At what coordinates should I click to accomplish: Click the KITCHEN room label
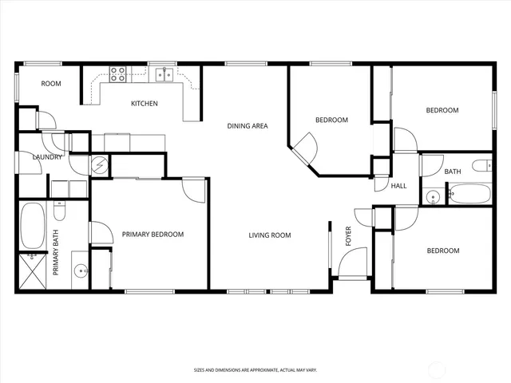coord(145,103)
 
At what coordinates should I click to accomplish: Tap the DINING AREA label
coord(247,125)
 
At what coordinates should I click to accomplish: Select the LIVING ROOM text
coord(269,235)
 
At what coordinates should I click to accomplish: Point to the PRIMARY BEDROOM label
coord(153,235)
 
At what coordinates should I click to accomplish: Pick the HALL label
coord(398,186)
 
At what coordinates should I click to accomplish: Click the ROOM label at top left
coord(51,83)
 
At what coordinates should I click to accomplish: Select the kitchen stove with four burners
coord(117,74)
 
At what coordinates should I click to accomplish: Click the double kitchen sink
coord(165,74)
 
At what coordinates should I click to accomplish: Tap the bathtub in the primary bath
coord(33,226)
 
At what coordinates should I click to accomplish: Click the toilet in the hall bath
coord(481,166)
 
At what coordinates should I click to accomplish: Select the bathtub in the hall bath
coord(469,195)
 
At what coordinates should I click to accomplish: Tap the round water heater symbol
coord(100,165)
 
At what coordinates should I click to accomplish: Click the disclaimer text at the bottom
coord(255,369)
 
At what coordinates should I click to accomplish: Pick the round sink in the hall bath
coord(432,195)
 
